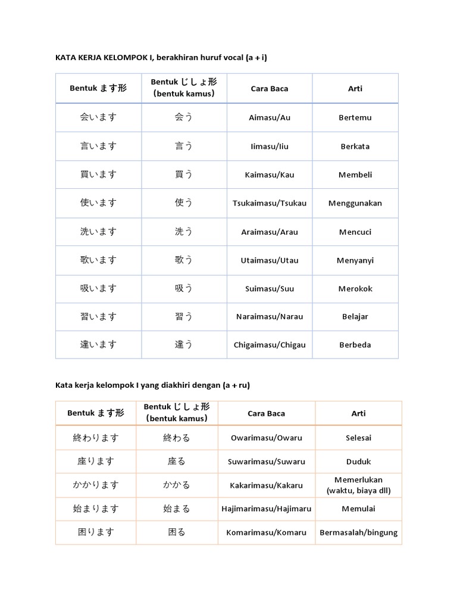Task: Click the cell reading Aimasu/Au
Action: point(269,118)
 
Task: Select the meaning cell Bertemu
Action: point(355,118)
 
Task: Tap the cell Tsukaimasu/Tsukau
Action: point(269,203)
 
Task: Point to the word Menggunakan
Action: point(355,203)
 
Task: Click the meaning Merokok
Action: point(355,289)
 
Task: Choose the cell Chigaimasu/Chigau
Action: point(269,345)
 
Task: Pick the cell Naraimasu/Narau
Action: point(269,317)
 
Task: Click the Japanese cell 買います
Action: point(98,175)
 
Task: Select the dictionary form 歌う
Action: point(184,260)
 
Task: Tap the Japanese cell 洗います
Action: point(98,232)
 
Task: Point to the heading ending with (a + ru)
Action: point(152,385)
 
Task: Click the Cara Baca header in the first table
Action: point(269,89)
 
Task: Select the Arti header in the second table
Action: point(358,413)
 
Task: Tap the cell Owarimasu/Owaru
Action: point(266,438)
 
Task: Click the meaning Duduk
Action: point(358,462)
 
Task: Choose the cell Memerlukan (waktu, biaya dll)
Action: point(358,485)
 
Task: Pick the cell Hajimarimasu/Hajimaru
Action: point(266,509)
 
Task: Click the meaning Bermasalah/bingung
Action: point(358,533)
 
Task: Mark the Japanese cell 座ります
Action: point(96,462)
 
